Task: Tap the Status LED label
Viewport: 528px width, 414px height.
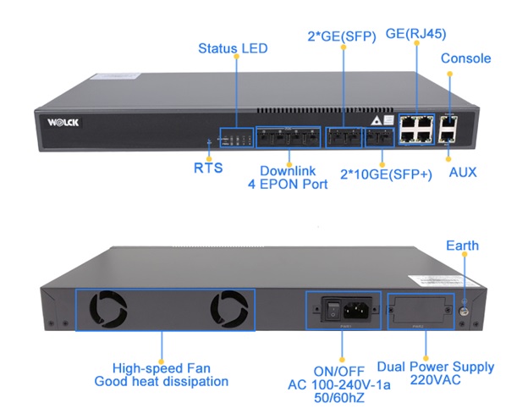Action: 233,48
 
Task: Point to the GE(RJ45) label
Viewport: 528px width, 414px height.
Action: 415,34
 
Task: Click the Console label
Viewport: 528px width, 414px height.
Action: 465,58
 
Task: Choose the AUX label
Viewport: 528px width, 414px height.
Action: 463,172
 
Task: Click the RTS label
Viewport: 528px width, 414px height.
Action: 208,168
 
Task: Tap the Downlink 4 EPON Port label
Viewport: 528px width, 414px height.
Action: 288,176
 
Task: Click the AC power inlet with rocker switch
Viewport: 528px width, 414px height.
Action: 342,307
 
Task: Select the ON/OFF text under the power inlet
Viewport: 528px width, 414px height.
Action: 342,370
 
